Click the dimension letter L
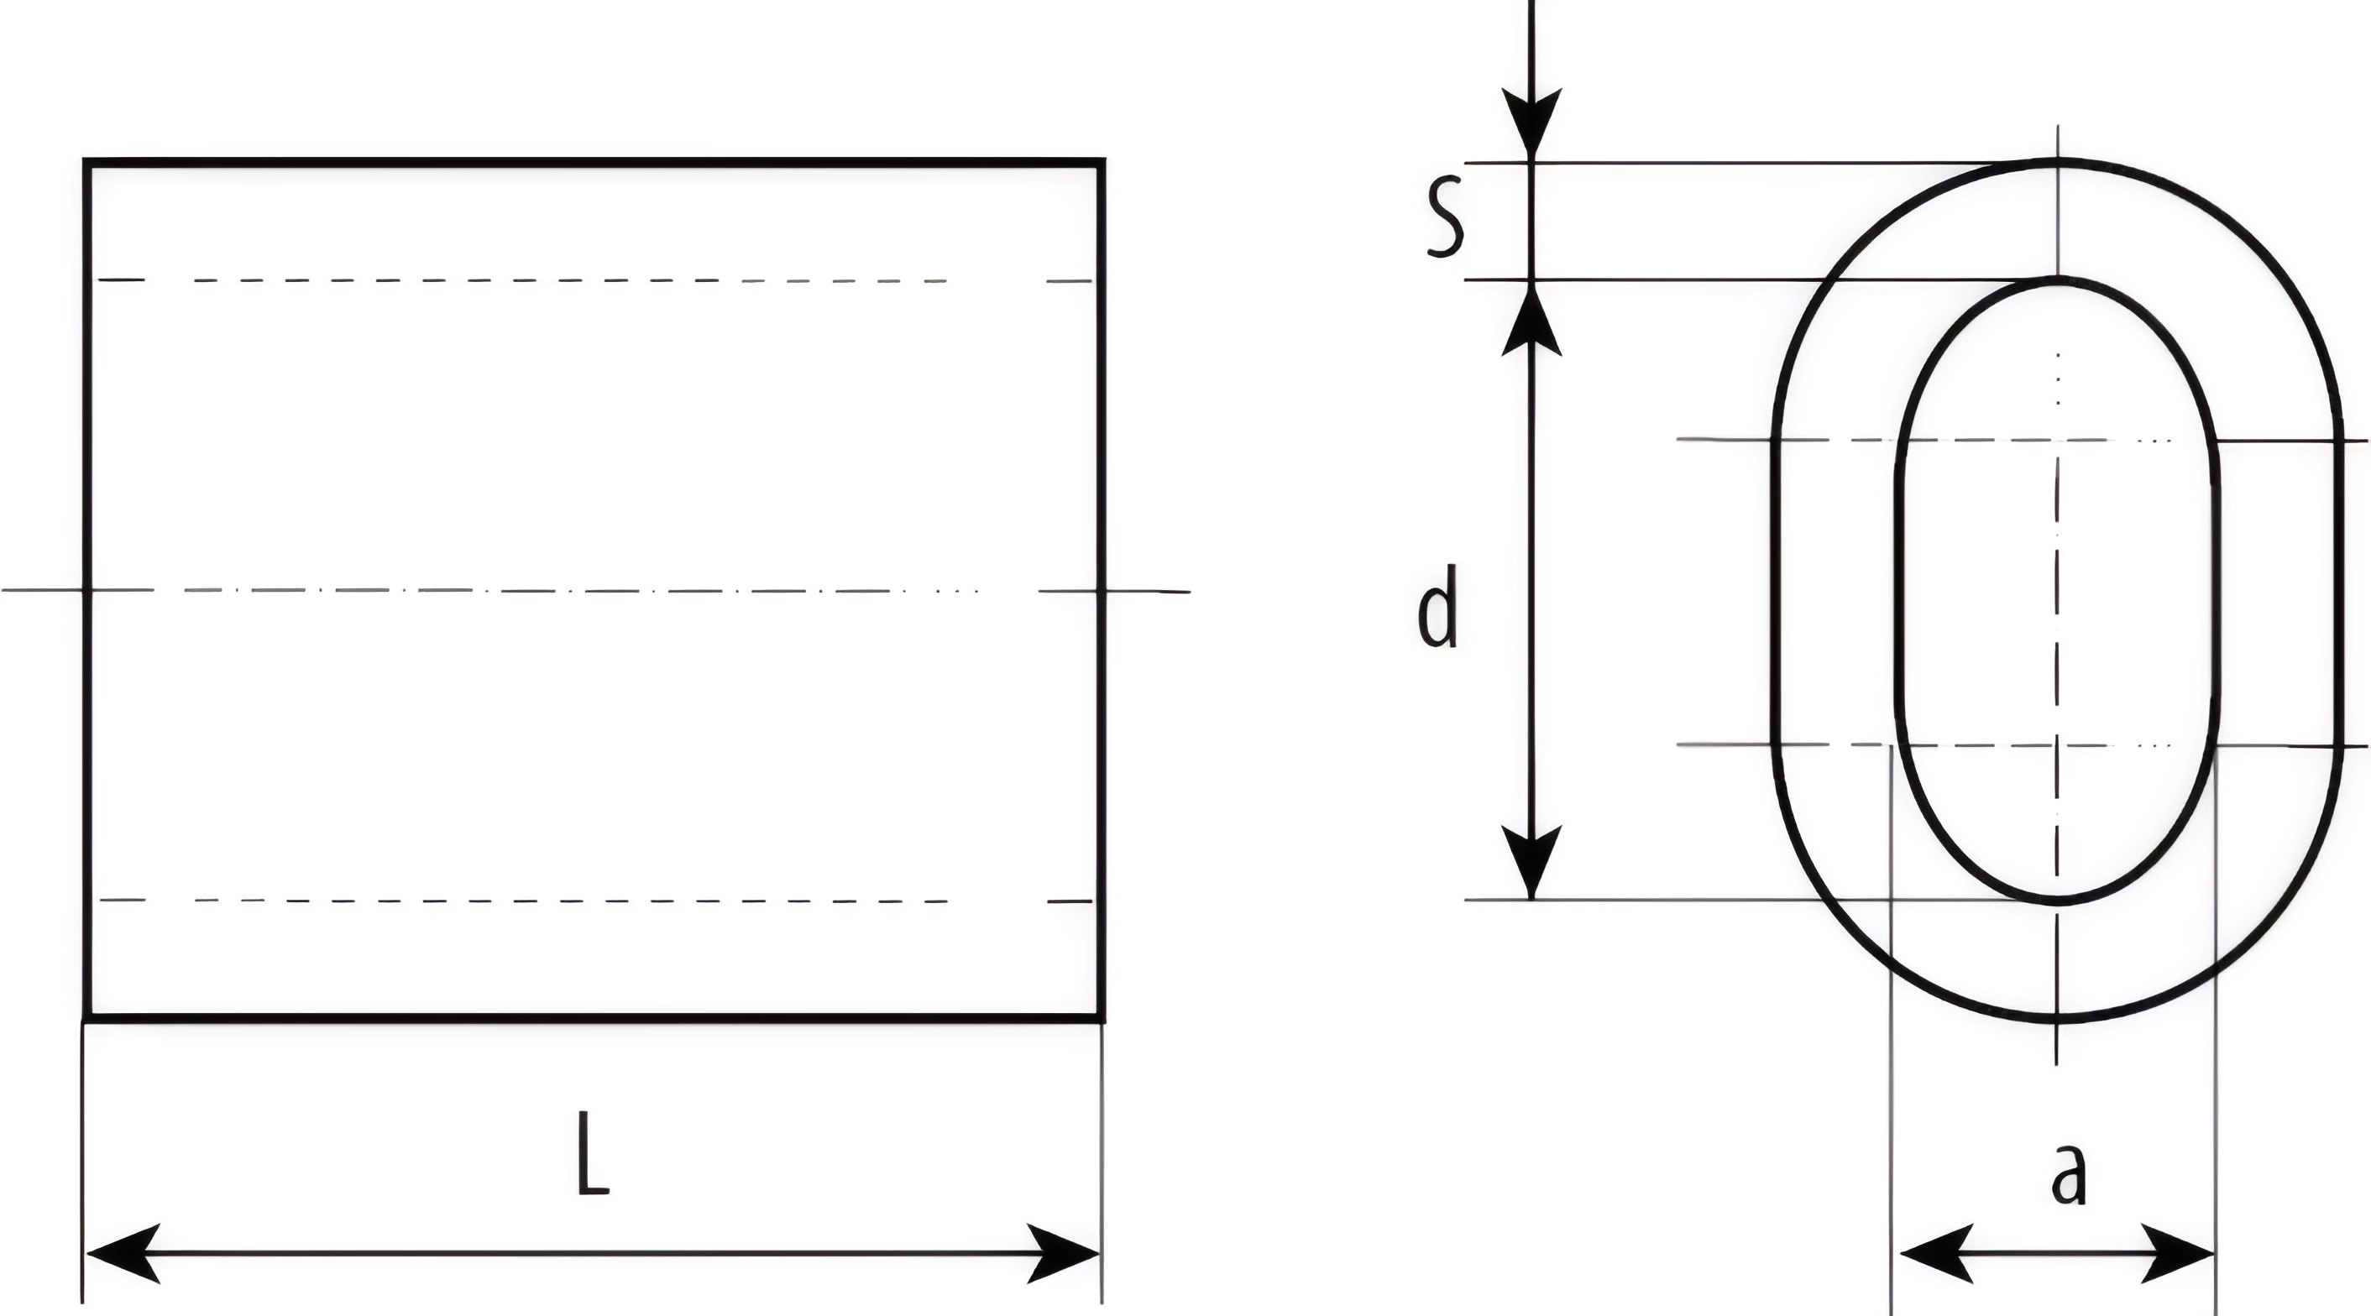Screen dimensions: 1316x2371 pos(593,1154)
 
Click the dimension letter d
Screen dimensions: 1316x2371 pos(1437,608)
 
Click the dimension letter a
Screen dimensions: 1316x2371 pos(2069,1175)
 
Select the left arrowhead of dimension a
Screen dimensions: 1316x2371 pos(1933,1253)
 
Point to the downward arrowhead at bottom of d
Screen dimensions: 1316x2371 pos(1531,861)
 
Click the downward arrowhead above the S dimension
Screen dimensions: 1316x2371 pos(1531,123)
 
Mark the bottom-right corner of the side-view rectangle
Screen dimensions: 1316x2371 pos(1101,1018)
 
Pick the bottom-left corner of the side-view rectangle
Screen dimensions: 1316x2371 pos(86,1018)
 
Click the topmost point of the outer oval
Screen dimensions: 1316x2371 pos(2057,162)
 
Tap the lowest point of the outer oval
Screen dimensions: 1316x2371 pos(2057,1020)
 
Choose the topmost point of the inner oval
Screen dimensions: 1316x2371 pos(2057,279)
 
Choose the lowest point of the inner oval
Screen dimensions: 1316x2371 pos(2057,901)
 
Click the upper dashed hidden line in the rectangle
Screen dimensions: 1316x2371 pos(571,279)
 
